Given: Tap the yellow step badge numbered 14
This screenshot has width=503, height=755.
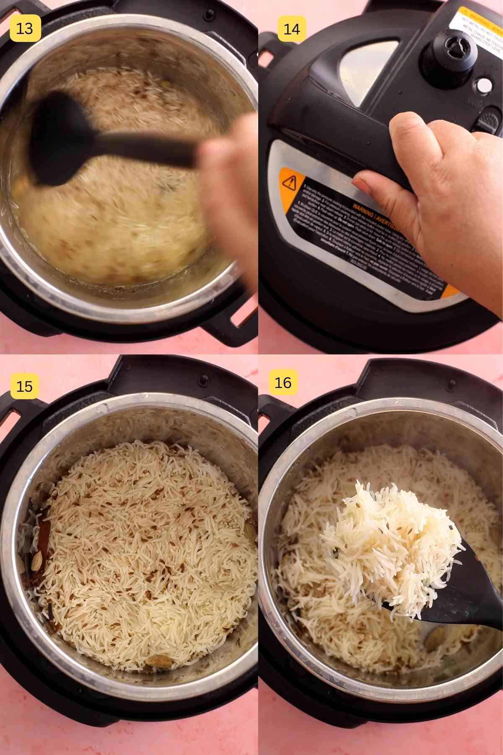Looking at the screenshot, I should (291, 29).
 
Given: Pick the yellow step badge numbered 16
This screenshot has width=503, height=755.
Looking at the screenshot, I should (283, 382).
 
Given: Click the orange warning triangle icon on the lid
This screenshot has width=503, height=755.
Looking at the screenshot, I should (289, 183).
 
